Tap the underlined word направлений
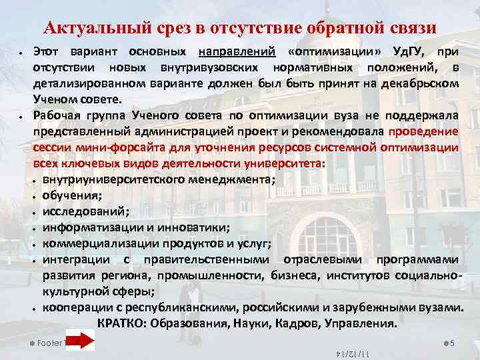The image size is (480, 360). [237, 52]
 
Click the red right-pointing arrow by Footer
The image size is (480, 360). [81, 342]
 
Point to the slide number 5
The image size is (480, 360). [452, 343]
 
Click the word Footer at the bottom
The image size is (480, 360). [49, 343]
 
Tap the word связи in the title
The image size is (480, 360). [409, 27]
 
